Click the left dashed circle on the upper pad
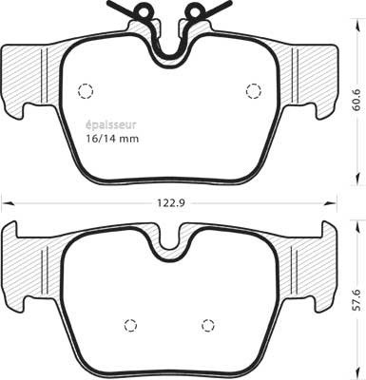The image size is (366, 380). [x=85, y=91]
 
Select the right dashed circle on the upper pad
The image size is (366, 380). [x=253, y=91]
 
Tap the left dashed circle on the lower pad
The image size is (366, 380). [x=131, y=325]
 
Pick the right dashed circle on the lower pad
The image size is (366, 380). [x=207, y=325]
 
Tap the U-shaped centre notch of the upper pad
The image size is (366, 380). [x=169, y=47]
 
